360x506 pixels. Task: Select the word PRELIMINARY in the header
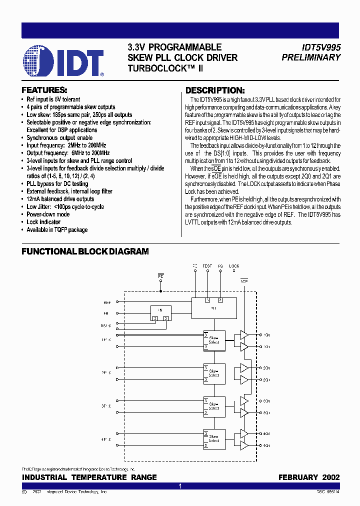[x=311, y=57]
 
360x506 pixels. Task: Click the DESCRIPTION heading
[x=215, y=90]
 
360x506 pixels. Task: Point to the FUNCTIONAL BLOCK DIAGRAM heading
[x=85, y=251]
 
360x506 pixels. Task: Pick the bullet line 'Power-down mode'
[x=48, y=214]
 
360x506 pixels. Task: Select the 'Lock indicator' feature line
[x=43, y=222]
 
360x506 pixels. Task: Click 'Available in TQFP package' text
[x=57, y=230]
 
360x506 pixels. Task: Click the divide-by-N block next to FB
[x=161, y=313]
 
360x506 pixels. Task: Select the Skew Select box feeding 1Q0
[x=214, y=340]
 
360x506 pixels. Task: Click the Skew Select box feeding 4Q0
[x=214, y=438]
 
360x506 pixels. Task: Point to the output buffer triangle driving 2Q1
[x=244, y=380]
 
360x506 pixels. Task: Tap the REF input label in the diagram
[x=107, y=302]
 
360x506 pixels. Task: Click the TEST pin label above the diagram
[x=207, y=266]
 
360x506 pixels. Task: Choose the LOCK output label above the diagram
[x=234, y=266]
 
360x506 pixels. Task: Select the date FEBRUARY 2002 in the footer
[x=309, y=477]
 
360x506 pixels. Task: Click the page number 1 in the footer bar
[x=180, y=486]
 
